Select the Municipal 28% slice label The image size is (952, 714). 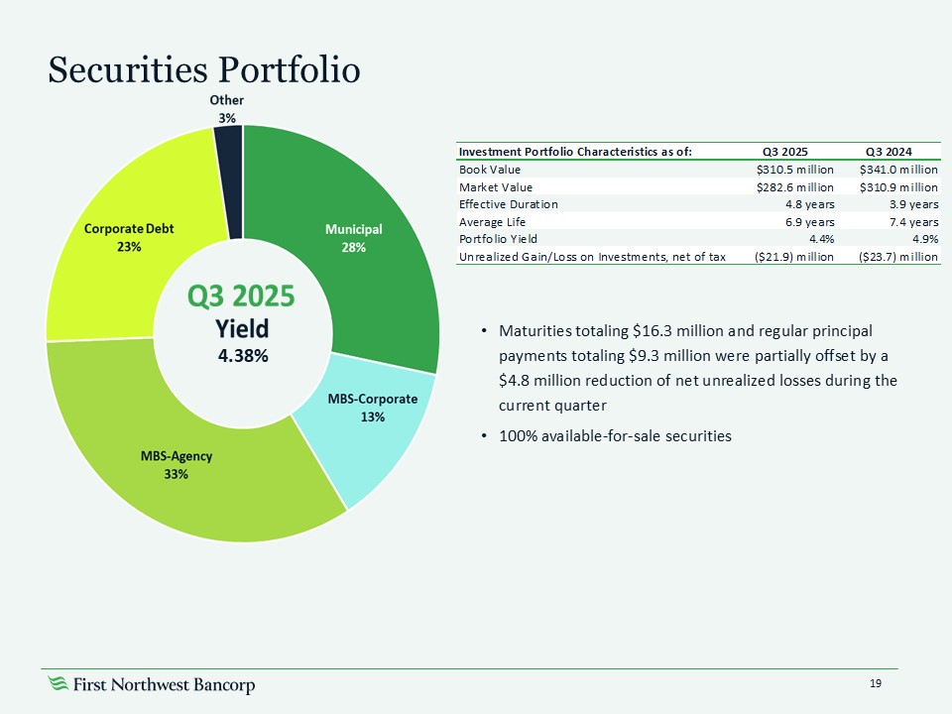pyautogui.click(x=354, y=238)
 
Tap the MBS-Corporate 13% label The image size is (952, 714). pyautogui.click(x=372, y=407)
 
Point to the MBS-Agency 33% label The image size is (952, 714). pyautogui.click(x=177, y=465)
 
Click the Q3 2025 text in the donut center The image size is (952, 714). pyautogui.click(x=243, y=297)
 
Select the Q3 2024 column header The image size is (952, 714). pyautogui.click(x=890, y=152)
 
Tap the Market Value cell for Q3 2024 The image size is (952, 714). pyautogui.click(x=898, y=186)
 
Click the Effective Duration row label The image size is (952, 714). pyautogui.click(x=508, y=204)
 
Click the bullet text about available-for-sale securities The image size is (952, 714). pyautogui.click(x=615, y=435)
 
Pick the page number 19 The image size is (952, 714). pyautogui.click(x=876, y=683)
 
